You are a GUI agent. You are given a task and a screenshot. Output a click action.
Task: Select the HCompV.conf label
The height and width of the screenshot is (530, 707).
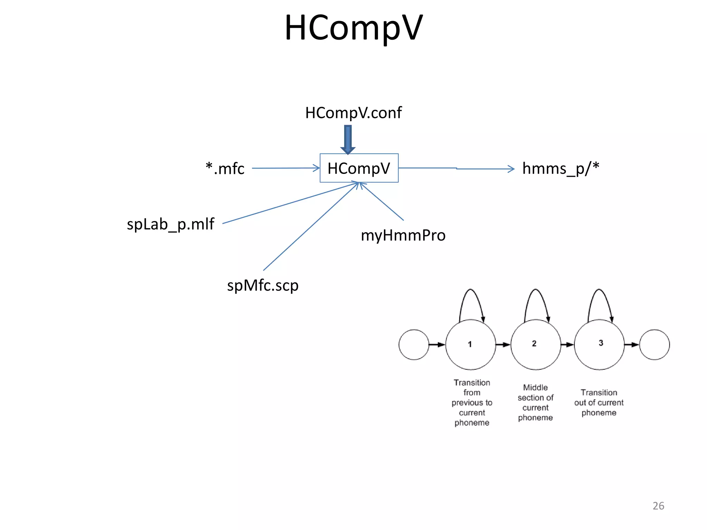click(x=353, y=113)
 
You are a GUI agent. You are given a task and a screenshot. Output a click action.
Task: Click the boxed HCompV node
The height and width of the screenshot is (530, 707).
click(x=359, y=168)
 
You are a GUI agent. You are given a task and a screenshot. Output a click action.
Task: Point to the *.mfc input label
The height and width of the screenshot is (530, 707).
click(x=225, y=169)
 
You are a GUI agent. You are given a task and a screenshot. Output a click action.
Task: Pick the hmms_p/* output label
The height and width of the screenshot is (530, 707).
click(x=561, y=169)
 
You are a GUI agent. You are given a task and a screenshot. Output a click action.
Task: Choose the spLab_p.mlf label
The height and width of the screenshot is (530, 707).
click(x=171, y=224)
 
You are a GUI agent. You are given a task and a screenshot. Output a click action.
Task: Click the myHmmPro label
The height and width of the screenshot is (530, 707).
click(x=403, y=236)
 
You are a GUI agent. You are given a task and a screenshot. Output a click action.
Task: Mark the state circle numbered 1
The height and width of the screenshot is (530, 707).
click(x=471, y=344)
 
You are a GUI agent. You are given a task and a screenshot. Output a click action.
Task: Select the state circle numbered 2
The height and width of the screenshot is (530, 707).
click(x=535, y=344)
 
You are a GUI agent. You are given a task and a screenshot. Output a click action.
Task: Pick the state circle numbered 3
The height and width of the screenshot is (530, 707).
click(x=599, y=344)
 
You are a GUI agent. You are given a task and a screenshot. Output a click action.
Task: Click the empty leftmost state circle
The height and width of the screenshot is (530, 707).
click(x=414, y=344)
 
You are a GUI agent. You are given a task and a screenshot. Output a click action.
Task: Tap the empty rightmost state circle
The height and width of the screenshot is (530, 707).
click(x=655, y=344)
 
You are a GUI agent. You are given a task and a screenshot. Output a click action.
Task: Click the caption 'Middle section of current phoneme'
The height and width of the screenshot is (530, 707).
click(x=535, y=402)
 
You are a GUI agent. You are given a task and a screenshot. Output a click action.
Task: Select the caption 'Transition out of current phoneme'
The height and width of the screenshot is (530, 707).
click(x=599, y=402)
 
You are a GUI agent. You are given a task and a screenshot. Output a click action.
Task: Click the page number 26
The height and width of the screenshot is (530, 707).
click(x=658, y=506)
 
